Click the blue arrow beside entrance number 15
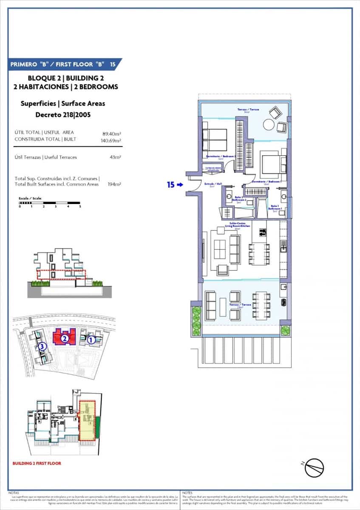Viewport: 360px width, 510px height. coord(180,185)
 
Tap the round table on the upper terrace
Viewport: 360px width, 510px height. coord(269,125)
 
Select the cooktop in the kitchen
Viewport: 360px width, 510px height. coord(263,232)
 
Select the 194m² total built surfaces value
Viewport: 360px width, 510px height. coord(114,184)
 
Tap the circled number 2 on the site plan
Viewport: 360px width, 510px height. coord(64,339)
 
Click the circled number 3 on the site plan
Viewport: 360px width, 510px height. coord(42,347)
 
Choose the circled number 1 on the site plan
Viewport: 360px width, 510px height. coord(91,340)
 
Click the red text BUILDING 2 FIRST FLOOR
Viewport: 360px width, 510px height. coord(37,463)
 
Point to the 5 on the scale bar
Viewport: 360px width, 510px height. coord(80,207)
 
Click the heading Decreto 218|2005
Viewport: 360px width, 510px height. coord(62,115)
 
